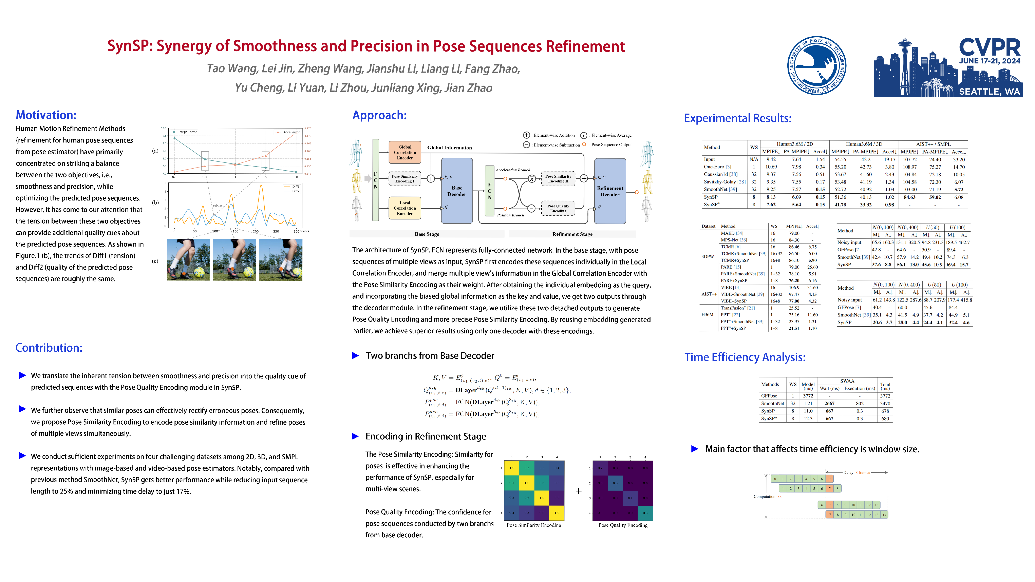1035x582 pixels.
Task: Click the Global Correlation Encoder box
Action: point(404,153)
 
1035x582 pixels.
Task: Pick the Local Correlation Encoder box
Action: point(404,208)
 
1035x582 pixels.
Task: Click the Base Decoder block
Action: point(457,191)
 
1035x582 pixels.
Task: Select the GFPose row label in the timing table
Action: point(769,396)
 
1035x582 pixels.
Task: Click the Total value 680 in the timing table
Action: point(885,419)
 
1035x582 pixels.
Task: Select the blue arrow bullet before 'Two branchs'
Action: point(355,355)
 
